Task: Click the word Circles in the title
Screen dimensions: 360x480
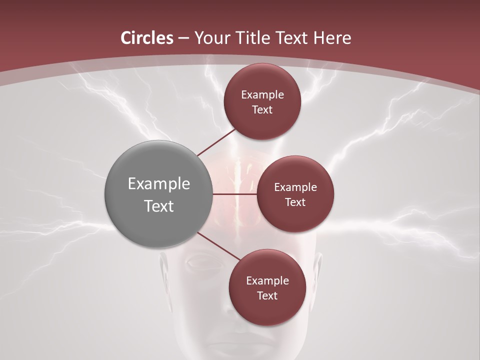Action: coord(147,38)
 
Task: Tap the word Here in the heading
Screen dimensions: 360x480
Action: coord(332,38)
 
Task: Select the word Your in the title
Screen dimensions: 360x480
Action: coord(211,38)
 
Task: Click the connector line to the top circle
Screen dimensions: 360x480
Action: coord(216,142)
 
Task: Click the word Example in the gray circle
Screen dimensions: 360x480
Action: coord(159,184)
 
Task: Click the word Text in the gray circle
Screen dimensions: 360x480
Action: coord(159,206)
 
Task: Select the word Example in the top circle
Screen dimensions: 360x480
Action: coord(262,95)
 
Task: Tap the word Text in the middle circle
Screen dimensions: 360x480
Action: coord(295,202)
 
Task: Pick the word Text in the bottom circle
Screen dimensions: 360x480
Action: coord(267,296)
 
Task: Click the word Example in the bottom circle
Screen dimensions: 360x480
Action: coord(267,281)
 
